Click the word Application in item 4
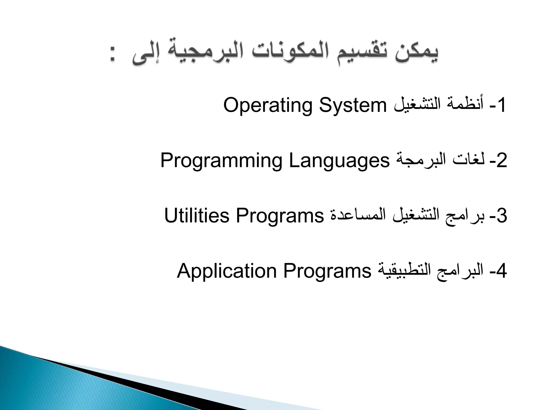pyautogui.click(x=227, y=271)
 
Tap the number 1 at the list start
pyautogui.click(x=501, y=105)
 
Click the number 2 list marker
pyautogui.click(x=502, y=161)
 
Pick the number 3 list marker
pyautogui.click(x=502, y=216)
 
